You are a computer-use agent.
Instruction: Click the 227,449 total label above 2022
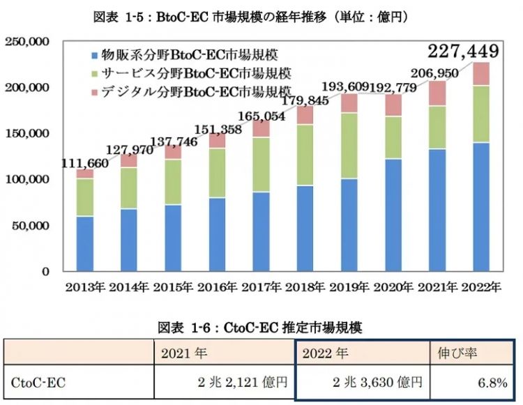tap(464, 52)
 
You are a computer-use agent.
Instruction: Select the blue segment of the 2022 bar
tap(480, 206)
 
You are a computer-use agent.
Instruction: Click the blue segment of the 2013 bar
tap(85, 243)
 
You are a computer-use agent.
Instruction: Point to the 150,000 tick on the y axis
tap(27, 133)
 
